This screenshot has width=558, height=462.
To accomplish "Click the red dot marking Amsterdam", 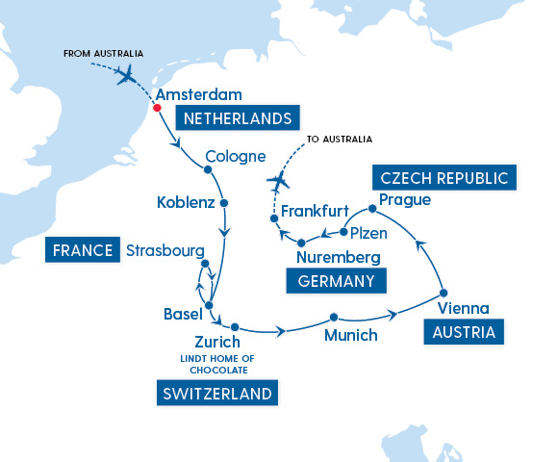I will (x=156, y=107).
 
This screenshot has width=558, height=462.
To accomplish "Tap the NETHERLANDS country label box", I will (x=236, y=119).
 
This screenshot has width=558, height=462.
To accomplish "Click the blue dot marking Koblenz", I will (x=224, y=203).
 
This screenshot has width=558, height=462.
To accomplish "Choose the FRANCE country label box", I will (x=81, y=250).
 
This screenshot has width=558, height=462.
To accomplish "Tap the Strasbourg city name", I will (x=165, y=250).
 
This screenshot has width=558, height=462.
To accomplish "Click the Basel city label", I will (x=183, y=314).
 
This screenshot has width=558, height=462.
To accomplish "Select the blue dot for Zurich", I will (x=235, y=326).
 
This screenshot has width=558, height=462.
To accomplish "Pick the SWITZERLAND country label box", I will (x=214, y=393).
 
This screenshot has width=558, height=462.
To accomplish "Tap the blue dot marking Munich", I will (x=333, y=318).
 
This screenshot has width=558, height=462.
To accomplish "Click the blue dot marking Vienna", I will (x=443, y=293).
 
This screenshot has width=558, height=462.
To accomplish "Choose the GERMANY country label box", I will (x=337, y=281).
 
